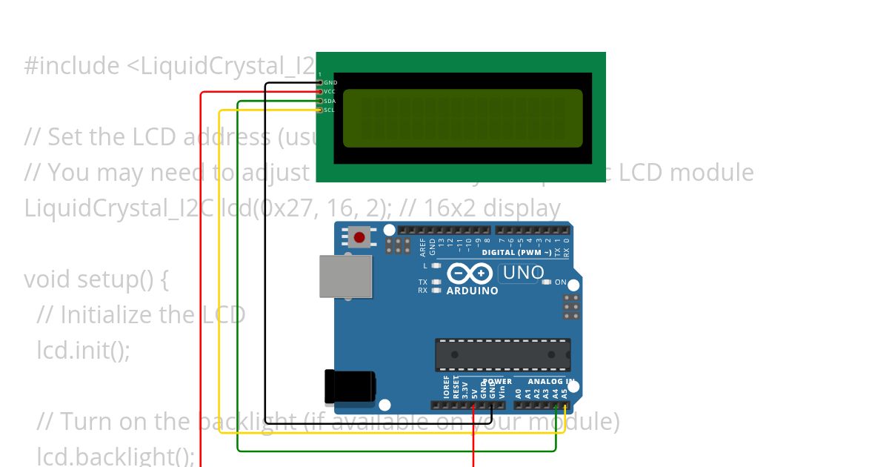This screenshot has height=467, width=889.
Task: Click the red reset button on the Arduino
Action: click(359, 237)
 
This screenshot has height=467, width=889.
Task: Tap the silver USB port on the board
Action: click(345, 276)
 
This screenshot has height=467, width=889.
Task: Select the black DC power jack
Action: click(349, 386)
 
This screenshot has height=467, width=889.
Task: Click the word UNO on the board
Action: click(523, 273)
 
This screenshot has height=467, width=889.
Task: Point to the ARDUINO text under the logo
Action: click(473, 291)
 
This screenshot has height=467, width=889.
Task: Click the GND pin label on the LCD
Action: click(330, 82)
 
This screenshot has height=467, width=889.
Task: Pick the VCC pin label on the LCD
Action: click(330, 91)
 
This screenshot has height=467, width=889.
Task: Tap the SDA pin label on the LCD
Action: click(330, 101)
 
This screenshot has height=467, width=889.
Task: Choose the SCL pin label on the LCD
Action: click(330, 110)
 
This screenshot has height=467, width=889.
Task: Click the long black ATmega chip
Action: click(502, 354)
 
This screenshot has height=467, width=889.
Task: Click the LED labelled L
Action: click(436, 265)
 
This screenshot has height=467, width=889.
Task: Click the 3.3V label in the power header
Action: click(465, 390)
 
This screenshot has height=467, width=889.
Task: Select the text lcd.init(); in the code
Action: click(83, 349)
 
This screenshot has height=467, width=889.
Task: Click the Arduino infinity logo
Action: click(470, 274)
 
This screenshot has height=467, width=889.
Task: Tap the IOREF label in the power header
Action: click(447, 388)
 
